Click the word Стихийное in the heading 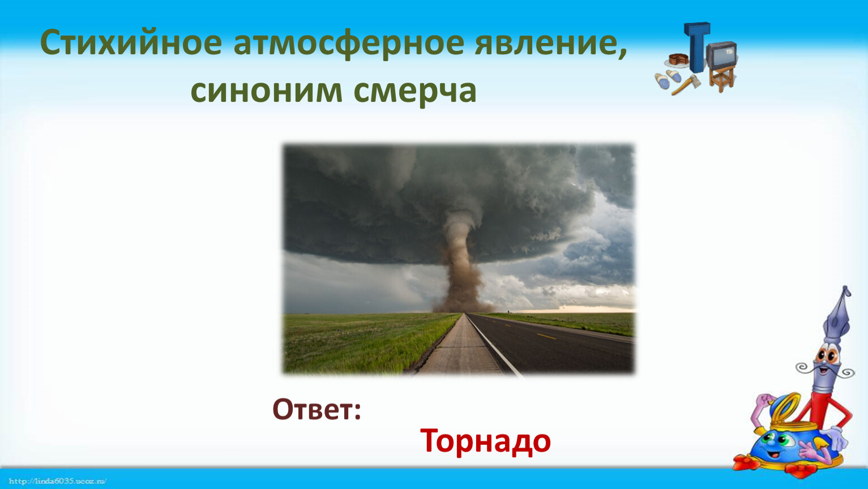coord(131,42)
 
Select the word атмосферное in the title coord(349,44)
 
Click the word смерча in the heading coord(414,93)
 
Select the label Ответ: coord(317,409)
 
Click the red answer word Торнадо coord(485,441)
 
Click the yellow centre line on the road coord(546,336)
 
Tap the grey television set coord(721,55)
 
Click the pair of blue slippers coord(667,79)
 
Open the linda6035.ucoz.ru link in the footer coord(57,481)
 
